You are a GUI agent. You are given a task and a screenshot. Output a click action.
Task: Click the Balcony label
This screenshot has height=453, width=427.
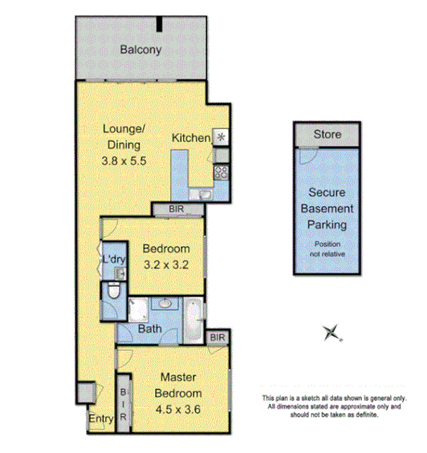click(140, 50)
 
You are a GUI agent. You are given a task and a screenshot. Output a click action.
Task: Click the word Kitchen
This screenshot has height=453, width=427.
click(191, 138)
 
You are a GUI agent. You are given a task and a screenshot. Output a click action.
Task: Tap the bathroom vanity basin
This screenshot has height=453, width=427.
click(165, 304)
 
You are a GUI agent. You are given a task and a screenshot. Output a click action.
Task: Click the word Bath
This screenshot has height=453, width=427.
click(149, 329)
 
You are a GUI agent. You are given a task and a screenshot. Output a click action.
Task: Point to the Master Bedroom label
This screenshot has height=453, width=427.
click(179, 385)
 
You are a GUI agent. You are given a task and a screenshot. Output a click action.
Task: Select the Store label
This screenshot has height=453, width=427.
click(327, 135)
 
